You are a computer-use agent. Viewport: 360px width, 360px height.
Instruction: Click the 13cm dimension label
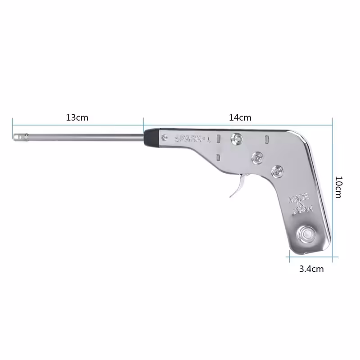[x=77, y=117]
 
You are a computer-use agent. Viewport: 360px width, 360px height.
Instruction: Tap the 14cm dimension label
[x=240, y=117]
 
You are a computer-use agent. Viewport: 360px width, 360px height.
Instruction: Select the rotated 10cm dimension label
[x=339, y=187]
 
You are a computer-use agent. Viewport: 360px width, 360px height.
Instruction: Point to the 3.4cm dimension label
[x=311, y=269]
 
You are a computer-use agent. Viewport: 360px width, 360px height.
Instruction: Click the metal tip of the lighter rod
[x=21, y=137]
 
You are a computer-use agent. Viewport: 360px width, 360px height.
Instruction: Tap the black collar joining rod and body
[x=151, y=138]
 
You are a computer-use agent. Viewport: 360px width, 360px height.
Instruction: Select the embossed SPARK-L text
[x=193, y=139]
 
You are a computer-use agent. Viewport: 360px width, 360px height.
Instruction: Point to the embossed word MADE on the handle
[x=299, y=198]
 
